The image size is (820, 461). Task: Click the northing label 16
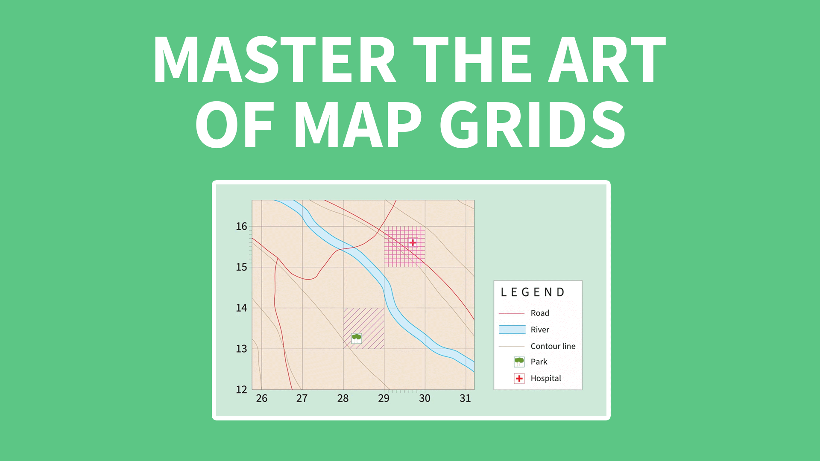click(241, 226)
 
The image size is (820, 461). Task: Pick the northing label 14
click(241, 308)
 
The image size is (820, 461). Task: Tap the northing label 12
click(241, 389)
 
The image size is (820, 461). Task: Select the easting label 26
click(261, 398)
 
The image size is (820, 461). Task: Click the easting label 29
click(384, 398)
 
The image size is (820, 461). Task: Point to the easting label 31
click(465, 398)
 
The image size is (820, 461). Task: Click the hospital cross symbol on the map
click(413, 242)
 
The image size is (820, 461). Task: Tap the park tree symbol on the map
click(356, 338)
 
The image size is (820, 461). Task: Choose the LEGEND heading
click(533, 292)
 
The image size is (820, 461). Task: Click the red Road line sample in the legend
click(512, 313)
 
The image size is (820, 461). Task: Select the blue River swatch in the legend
click(512, 330)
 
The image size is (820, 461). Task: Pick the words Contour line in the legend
click(553, 346)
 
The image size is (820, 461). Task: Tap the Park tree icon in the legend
click(519, 362)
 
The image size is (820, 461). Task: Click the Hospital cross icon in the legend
click(519, 379)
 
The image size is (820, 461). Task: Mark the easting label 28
click(343, 398)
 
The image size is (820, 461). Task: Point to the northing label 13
click(241, 349)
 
